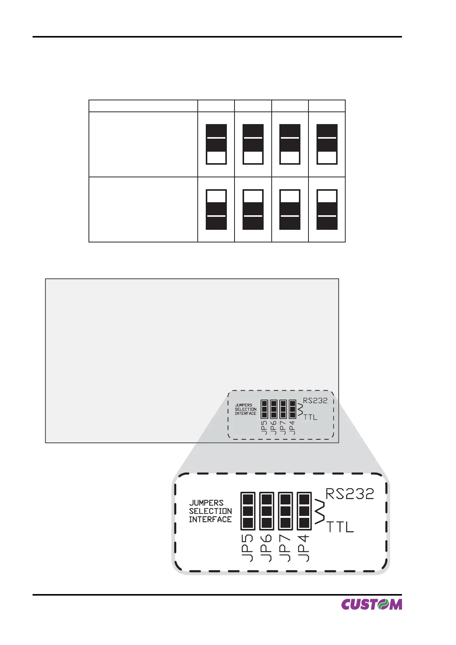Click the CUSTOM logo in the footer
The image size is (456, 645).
pyautogui.click(x=371, y=604)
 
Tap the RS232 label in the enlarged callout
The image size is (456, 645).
pyautogui.click(x=349, y=494)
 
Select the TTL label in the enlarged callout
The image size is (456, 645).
pyautogui.click(x=340, y=527)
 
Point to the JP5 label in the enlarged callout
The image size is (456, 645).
pyautogui.click(x=248, y=548)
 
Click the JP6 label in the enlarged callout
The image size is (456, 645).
pyautogui.click(x=266, y=548)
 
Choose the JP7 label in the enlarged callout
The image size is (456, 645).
pyautogui.click(x=285, y=548)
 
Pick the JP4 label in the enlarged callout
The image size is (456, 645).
pyautogui.click(x=303, y=548)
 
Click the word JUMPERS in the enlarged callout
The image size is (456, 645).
pyautogui.click(x=206, y=503)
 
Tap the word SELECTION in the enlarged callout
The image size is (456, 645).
pyautogui.click(x=210, y=511)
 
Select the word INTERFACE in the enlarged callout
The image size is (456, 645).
pyautogui.click(x=210, y=519)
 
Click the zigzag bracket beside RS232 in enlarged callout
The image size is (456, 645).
pyautogui.click(x=320, y=512)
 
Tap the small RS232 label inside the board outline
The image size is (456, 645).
pyautogui.click(x=315, y=401)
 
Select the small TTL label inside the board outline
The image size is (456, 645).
pyautogui.click(x=310, y=417)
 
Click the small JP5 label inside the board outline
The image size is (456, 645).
pyautogui.click(x=264, y=427)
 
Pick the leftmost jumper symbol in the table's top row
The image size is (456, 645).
pyautogui.click(x=216, y=144)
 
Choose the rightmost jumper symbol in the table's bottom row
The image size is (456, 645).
pyautogui.click(x=327, y=209)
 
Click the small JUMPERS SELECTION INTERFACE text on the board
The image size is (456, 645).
pyautogui.click(x=246, y=409)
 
